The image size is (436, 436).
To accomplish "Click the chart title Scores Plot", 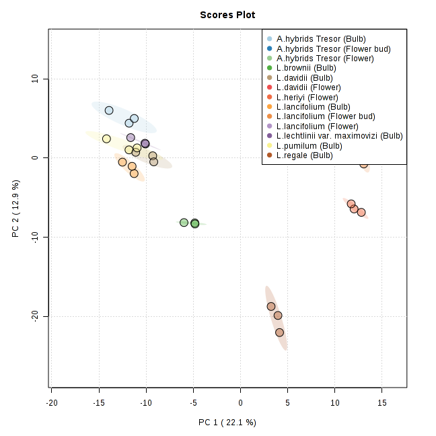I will click(x=227, y=15).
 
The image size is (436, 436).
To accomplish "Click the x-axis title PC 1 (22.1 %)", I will click(x=227, y=423).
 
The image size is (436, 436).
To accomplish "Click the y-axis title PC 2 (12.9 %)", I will click(x=15, y=209).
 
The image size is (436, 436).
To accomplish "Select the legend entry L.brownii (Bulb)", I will click(x=306, y=68).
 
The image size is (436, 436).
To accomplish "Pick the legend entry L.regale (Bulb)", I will click(x=304, y=155).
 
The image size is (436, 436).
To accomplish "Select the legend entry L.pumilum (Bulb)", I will click(x=307, y=146).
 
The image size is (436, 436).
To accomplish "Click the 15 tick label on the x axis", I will click(x=381, y=402).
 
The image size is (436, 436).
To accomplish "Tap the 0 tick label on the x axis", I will click(x=240, y=402).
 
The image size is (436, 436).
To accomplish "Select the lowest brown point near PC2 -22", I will click(x=280, y=332).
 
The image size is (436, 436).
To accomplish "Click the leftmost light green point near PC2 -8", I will click(x=184, y=222).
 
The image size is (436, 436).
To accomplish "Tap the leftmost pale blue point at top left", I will click(x=109, y=110).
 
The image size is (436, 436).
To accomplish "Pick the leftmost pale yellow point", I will click(x=106, y=139).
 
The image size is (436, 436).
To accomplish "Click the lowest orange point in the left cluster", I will click(x=134, y=174).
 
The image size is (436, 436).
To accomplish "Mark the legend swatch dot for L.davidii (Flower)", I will click(x=270, y=87).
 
